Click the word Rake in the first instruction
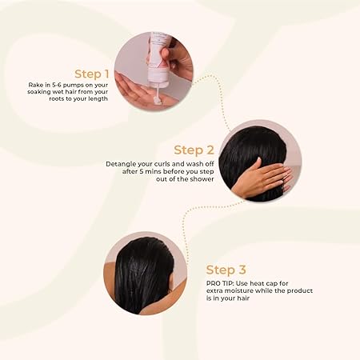36,84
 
